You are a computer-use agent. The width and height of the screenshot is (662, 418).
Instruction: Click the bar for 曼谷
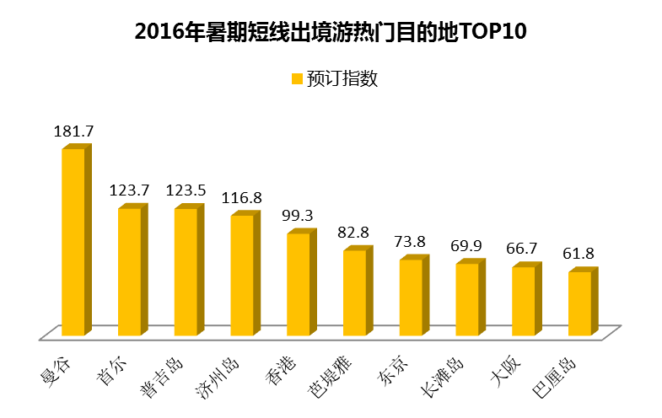(x=73, y=243)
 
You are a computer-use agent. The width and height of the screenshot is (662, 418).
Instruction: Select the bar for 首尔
(x=130, y=271)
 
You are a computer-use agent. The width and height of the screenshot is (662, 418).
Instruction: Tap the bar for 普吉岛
(x=186, y=271)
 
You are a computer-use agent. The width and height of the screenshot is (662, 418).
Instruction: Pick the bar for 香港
(x=299, y=284)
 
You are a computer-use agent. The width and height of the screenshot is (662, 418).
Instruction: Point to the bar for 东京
(x=411, y=297)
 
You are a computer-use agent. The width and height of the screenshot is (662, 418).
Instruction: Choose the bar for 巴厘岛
(x=579, y=303)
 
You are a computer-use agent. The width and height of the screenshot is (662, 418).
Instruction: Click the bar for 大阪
(x=524, y=300)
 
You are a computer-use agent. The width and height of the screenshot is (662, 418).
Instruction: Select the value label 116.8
(x=243, y=198)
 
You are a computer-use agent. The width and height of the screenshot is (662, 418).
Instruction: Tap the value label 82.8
(x=355, y=233)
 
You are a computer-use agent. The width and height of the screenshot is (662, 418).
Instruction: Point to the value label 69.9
(x=468, y=246)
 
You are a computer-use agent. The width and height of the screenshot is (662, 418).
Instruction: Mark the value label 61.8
(x=580, y=254)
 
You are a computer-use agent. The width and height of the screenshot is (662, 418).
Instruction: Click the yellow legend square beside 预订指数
(x=297, y=78)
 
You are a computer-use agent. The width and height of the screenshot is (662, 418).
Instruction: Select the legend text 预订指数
(x=341, y=78)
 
